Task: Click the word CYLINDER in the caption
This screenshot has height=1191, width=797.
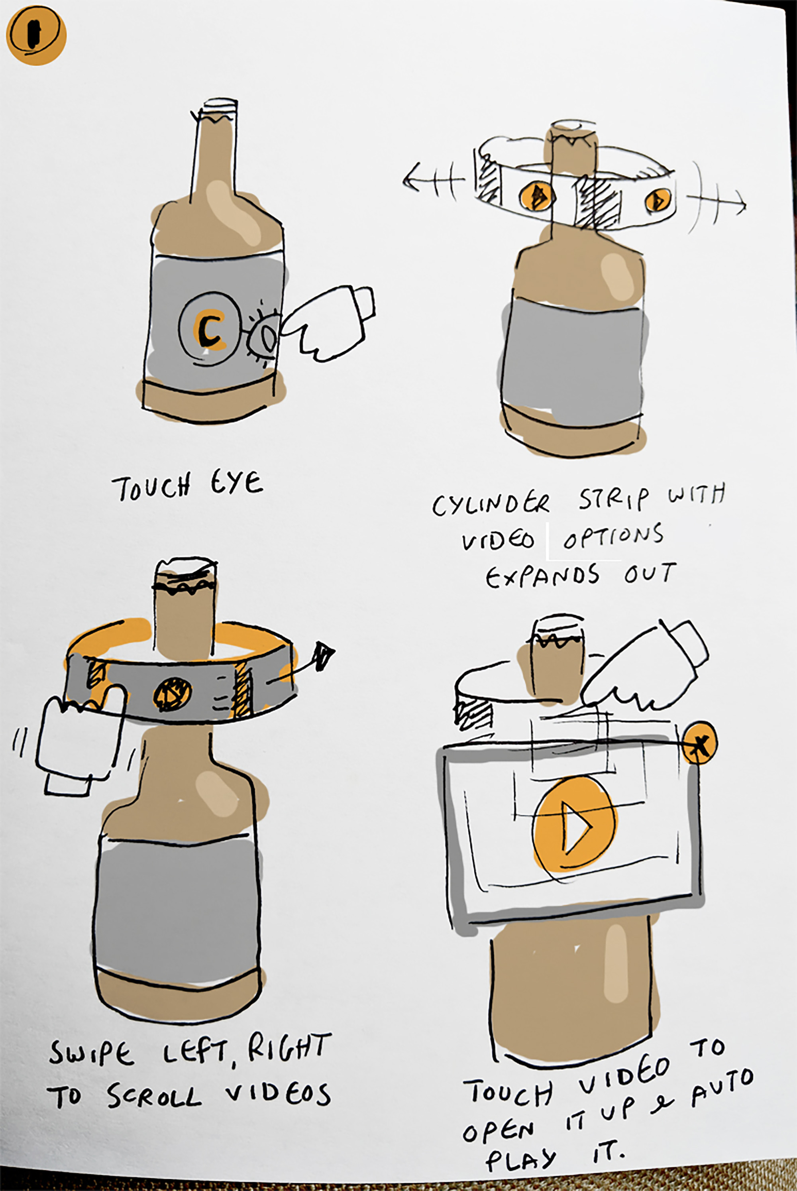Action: [491, 503]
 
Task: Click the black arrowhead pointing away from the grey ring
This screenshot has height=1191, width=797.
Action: [323, 656]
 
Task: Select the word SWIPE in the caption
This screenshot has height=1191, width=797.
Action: [92, 1054]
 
